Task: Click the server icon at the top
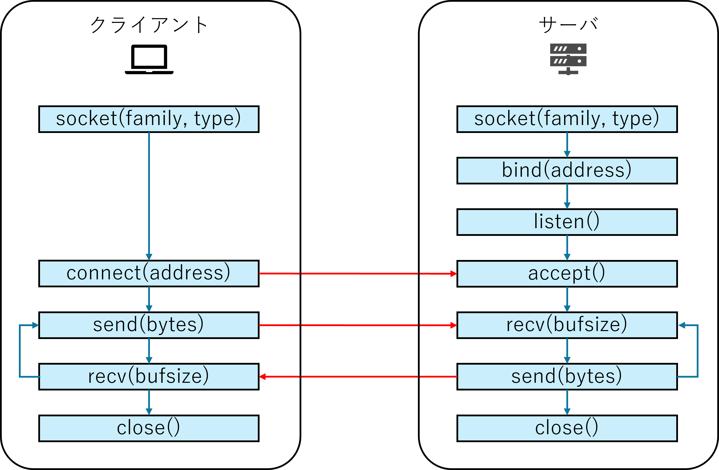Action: (568, 59)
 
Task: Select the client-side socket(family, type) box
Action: (149, 119)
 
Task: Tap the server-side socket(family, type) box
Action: (567, 119)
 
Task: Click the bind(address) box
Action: (567, 170)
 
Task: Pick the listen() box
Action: (567, 222)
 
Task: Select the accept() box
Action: (567, 273)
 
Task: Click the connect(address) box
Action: (149, 273)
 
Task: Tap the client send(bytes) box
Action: (149, 325)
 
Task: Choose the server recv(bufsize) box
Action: (567, 325)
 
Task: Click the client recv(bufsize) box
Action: (149, 376)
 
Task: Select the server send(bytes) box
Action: (567, 376)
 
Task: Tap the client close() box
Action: (149, 428)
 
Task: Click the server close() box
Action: (567, 428)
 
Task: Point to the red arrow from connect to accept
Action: (358, 274)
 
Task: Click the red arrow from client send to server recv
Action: (358, 325)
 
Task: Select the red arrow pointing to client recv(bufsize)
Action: (358, 377)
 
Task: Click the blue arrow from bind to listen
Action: (567, 196)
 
